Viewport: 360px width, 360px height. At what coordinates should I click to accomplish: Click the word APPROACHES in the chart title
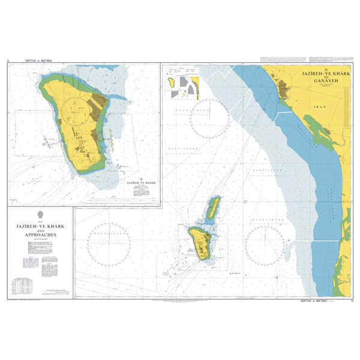40,235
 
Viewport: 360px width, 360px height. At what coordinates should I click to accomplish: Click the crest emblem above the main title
40,214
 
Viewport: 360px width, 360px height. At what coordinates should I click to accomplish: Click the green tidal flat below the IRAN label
316,129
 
